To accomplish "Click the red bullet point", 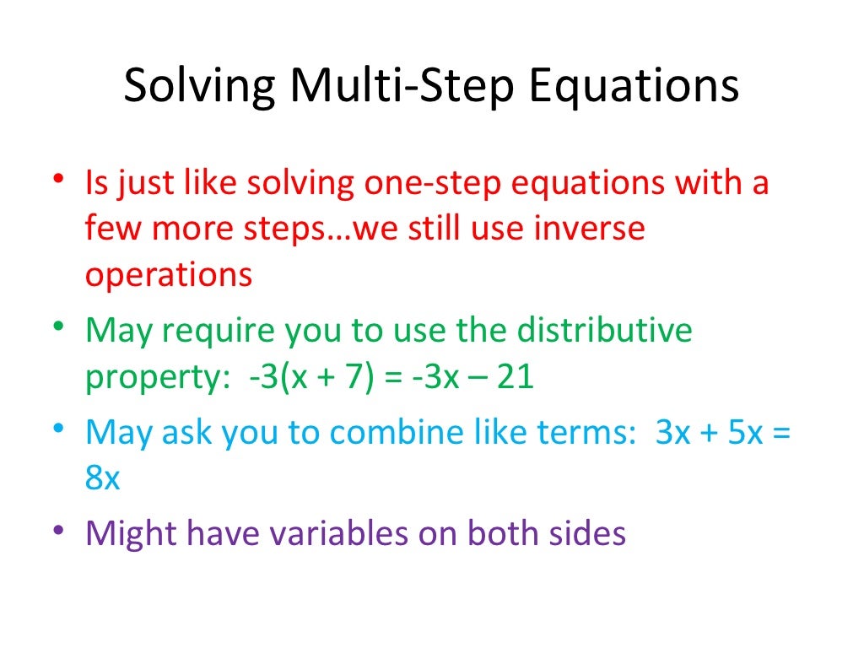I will tap(57, 181).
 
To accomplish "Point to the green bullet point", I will tap(57, 328).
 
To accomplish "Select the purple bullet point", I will tap(57, 532).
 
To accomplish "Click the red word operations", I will tap(168, 276).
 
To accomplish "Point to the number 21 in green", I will tap(515, 377).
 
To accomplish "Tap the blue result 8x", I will tap(103, 478).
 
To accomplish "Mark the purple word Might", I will tap(131, 534).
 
